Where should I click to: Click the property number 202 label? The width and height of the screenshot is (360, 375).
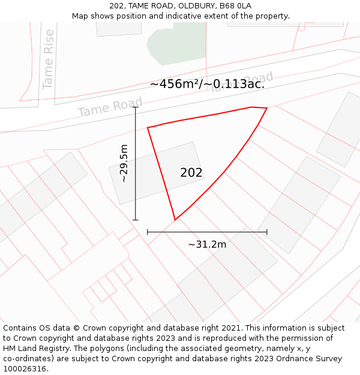coord(191,173)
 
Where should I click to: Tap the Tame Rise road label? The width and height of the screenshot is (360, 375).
coord(49,59)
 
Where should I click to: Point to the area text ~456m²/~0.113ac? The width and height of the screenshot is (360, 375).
coord(207,84)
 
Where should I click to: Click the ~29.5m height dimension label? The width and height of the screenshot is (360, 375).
coord(124,163)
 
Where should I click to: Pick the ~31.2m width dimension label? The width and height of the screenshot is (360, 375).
coord(207,244)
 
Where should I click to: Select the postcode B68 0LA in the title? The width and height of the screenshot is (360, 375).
coord(235,6)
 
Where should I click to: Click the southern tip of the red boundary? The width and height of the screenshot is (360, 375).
coord(175,220)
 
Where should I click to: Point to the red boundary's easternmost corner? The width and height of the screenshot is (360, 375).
coord(267,109)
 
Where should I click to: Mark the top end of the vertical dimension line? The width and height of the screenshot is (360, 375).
coord(136,107)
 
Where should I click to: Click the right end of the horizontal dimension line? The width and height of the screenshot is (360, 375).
coord(267,232)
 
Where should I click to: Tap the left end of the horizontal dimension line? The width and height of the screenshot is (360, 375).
coord(148,232)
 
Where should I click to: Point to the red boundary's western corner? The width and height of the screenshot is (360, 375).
coord(148,127)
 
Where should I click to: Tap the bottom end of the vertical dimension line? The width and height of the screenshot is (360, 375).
coord(136,220)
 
